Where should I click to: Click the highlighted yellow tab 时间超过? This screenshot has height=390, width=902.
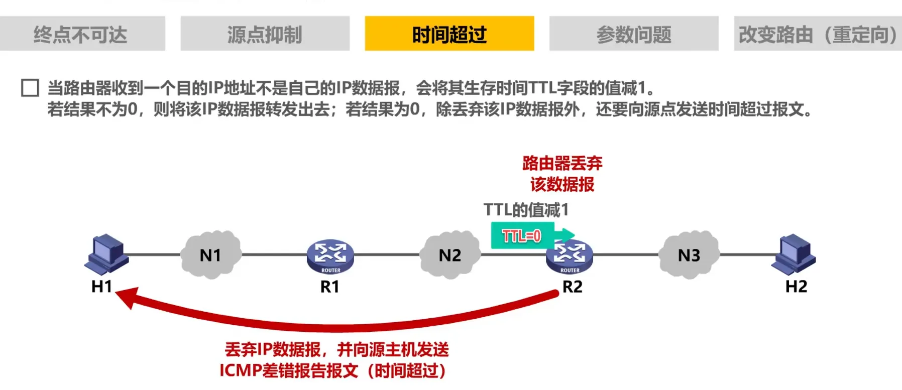449,34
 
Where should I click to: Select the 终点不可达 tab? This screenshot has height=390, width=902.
82,34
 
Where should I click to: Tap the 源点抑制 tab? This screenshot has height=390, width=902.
265,34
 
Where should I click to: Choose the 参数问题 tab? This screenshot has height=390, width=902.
633,34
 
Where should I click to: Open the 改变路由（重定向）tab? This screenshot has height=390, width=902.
817,34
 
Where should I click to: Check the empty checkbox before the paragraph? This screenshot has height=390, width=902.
30,87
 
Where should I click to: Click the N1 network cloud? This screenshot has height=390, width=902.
210,255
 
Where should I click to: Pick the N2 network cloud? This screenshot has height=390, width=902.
449,255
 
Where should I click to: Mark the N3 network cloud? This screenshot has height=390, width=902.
689,255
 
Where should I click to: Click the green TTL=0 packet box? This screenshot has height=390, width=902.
522,235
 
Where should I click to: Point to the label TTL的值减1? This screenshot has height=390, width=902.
526,210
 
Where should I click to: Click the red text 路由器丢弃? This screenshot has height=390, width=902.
562,163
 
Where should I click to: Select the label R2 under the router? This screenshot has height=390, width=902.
572,287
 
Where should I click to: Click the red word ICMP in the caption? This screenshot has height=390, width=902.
241,370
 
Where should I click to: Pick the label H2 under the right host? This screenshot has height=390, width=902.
796,287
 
